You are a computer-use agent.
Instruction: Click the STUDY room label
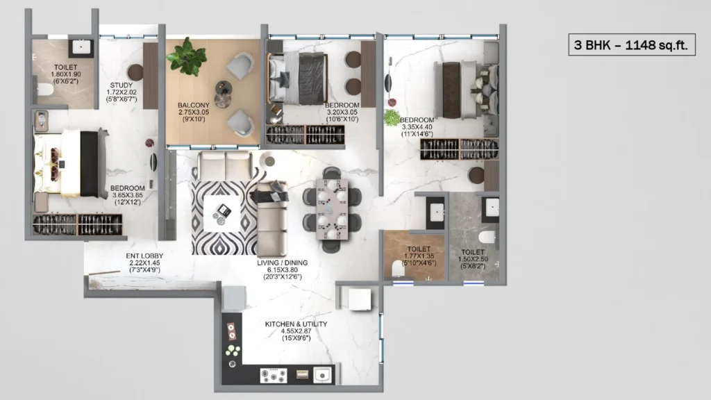pos(121,85)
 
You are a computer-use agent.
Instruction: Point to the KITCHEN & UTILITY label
pos(296,324)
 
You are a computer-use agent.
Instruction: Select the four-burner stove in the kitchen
pos(274,375)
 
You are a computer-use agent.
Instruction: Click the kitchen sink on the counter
pos(323,375)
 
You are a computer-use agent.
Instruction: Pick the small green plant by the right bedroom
pos(392,117)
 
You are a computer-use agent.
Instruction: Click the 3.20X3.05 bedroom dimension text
pos(342,112)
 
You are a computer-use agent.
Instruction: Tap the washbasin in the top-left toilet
pos(81,47)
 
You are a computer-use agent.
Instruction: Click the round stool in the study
pos(135,72)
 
